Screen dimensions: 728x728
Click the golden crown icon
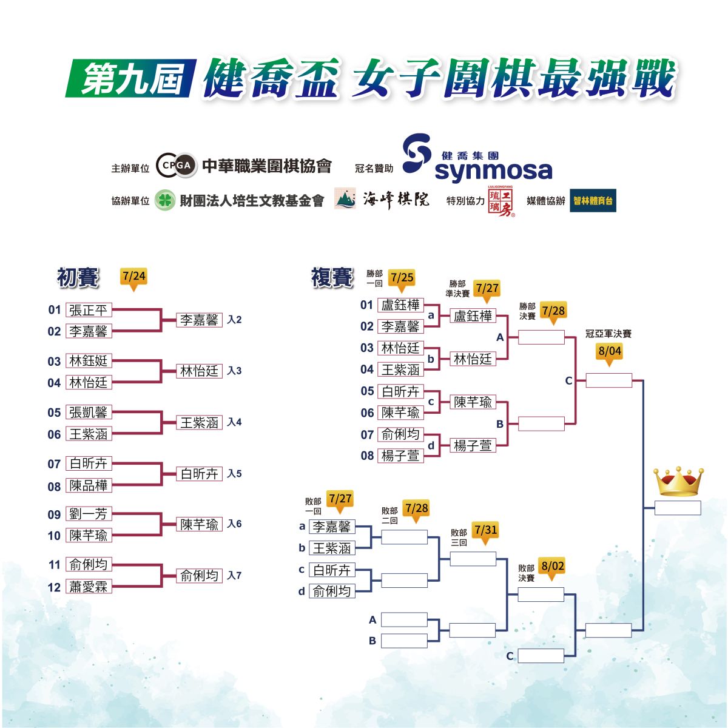click(x=678, y=481)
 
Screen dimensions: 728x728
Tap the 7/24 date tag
click(x=133, y=279)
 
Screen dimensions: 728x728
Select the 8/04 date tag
click(x=609, y=354)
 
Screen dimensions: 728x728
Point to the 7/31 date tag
click(x=485, y=533)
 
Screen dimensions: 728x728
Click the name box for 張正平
click(x=89, y=310)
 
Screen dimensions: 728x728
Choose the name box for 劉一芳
click(x=89, y=514)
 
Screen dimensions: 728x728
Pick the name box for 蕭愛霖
click(x=89, y=586)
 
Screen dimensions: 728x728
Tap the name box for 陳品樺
click(x=89, y=485)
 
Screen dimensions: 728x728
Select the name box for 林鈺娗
click(x=89, y=361)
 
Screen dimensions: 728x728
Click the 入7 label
click(x=234, y=575)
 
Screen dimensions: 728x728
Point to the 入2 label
click(x=234, y=320)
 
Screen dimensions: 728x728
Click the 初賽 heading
click(x=78, y=278)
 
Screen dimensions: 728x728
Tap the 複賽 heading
click(x=332, y=278)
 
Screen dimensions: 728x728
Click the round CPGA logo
click(x=177, y=165)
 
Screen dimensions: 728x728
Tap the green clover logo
click(x=165, y=200)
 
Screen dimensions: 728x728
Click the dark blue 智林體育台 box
click(x=593, y=200)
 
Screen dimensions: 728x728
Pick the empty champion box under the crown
click(x=678, y=508)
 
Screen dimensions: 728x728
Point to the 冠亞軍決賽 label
click(x=608, y=334)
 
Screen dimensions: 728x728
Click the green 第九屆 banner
click(x=131, y=78)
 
